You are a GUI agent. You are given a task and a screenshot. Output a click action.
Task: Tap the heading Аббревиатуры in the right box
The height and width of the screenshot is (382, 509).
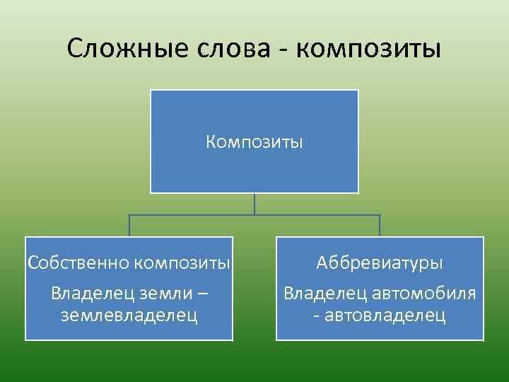pyautogui.click(x=380, y=263)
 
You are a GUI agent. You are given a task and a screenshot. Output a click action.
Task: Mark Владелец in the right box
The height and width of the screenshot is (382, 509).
pyautogui.click(x=324, y=292)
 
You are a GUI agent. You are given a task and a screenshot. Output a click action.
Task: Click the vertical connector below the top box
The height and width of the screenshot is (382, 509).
pyautogui.click(x=255, y=204)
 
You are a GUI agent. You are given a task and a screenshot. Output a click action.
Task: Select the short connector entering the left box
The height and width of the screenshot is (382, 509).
pyautogui.click(x=129, y=226)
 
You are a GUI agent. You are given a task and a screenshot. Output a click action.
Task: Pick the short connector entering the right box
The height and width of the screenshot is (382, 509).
pyautogui.click(x=380, y=226)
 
